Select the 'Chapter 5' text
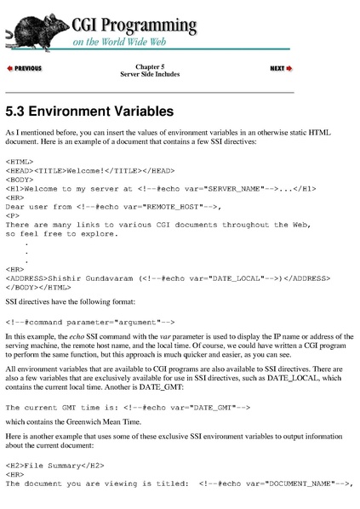click(x=150, y=66)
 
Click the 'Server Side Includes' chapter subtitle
click(x=150, y=74)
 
